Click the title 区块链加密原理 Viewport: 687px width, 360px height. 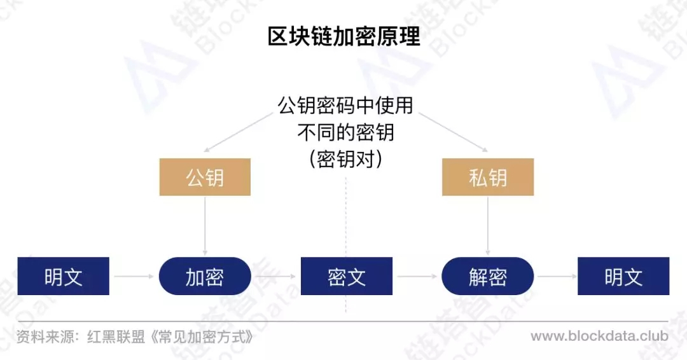[x=344, y=36]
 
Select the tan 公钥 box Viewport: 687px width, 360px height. [x=205, y=177]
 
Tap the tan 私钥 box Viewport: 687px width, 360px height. [x=488, y=177]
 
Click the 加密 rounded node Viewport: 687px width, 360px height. [x=205, y=276]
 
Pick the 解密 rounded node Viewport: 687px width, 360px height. [x=488, y=276]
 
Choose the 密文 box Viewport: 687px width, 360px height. [x=347, y=276]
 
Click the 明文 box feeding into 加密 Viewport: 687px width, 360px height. [x=63, y=276]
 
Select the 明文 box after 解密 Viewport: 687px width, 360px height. [x=623, y=276]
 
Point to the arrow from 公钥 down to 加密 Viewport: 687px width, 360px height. [x=205, y=226]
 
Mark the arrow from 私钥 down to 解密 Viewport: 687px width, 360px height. [x=488, y=226]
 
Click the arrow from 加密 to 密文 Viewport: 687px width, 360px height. [x=275, y=276]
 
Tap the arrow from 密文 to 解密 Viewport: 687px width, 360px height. [x=417, y=276]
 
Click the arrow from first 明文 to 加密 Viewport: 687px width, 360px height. [x=134, y=276]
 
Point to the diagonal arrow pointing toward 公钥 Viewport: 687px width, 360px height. [x=239, y=133]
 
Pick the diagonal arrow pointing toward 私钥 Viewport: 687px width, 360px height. [x=454, y=133]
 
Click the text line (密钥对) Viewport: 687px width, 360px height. [x=345, y=159]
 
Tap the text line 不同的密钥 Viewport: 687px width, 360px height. [x=345, y=132]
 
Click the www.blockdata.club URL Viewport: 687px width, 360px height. [x=599, y=336]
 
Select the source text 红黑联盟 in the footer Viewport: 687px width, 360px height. [x=116, y=337]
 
